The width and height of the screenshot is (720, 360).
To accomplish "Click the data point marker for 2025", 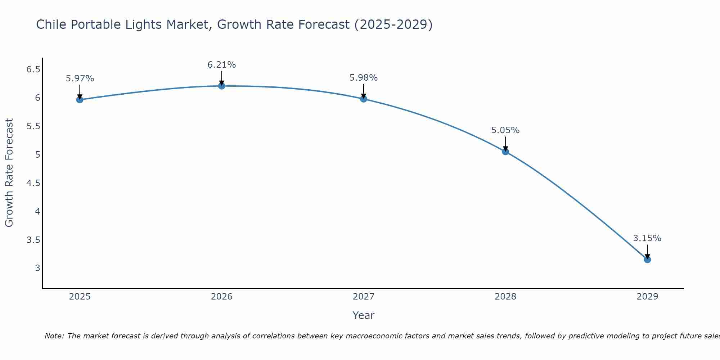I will coord(80,100).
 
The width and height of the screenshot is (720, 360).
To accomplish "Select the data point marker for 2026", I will coord(221,86).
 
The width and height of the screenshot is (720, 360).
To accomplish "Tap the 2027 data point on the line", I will coord(363,99).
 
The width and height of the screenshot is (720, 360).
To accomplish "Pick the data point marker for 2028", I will coord(505,152).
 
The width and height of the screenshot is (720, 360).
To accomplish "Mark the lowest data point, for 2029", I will coord(647,260).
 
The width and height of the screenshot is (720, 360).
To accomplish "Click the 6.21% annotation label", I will coord(221,65).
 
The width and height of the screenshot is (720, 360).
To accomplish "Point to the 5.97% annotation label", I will coord(80,78).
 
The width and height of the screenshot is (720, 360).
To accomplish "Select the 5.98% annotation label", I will coord(363,78).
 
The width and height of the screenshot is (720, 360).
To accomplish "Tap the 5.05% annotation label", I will coord(505,130).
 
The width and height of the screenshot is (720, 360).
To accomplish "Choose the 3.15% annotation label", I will coord(647,238).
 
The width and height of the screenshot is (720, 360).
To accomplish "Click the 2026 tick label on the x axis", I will coord(221,297).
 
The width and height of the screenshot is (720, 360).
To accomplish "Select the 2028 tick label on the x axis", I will coord(505,297).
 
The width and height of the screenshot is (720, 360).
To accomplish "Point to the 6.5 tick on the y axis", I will coord(33,69).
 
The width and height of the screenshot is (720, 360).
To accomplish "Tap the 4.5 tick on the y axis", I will coord(33,183).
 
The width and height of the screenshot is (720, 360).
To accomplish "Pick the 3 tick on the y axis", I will coord(37,268).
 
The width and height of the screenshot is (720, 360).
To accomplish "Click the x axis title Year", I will coord(363,315).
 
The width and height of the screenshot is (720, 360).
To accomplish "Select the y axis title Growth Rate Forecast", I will coord(9,172).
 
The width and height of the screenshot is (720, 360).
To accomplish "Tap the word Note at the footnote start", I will coord(54,336).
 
